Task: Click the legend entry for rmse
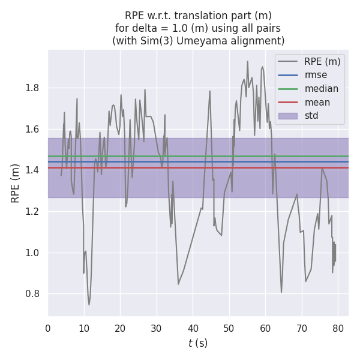tap(316, 75)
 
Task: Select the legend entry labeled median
tap(321, 89)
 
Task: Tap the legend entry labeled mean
tap(317, 102)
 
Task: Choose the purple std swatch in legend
tap(288, 116)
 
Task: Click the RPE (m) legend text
tap(322, 61)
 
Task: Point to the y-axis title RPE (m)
tap(16, 182)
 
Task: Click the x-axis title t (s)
tap(198, 344)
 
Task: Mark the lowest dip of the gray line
tap(89, 304)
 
